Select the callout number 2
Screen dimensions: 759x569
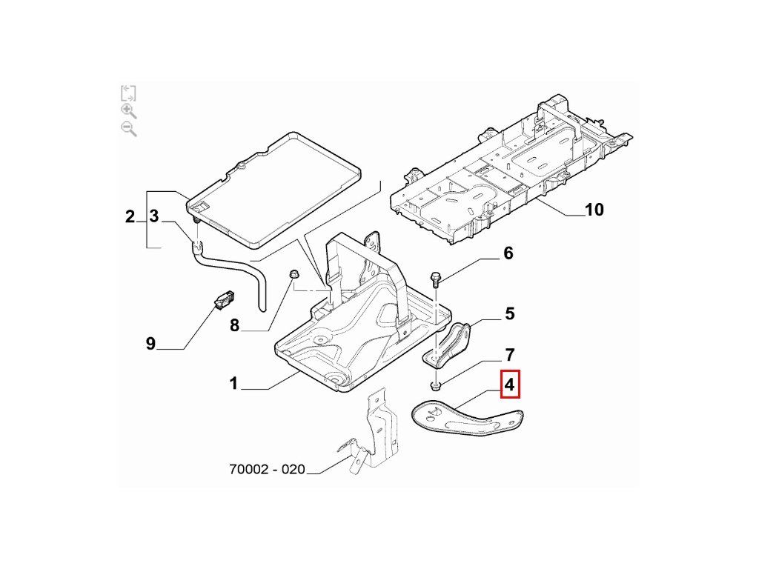(130, 216)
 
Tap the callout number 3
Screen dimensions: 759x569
(154, 216)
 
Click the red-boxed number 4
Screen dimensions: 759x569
(510, 385)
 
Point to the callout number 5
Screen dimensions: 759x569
(509, 313)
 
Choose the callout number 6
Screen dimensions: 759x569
(508, 254)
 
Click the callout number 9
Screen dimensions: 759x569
(150, 343)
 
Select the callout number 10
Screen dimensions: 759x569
(594, 210)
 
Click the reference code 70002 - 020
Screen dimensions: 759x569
(267, 470)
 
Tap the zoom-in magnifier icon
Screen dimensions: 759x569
(128, 110)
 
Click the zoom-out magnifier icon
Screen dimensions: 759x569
(128, 128)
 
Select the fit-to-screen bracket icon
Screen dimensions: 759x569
(128, 93)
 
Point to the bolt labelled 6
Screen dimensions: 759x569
(436, 279)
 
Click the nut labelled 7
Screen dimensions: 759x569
(435, 385)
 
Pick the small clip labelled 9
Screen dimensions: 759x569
(223, 301)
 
